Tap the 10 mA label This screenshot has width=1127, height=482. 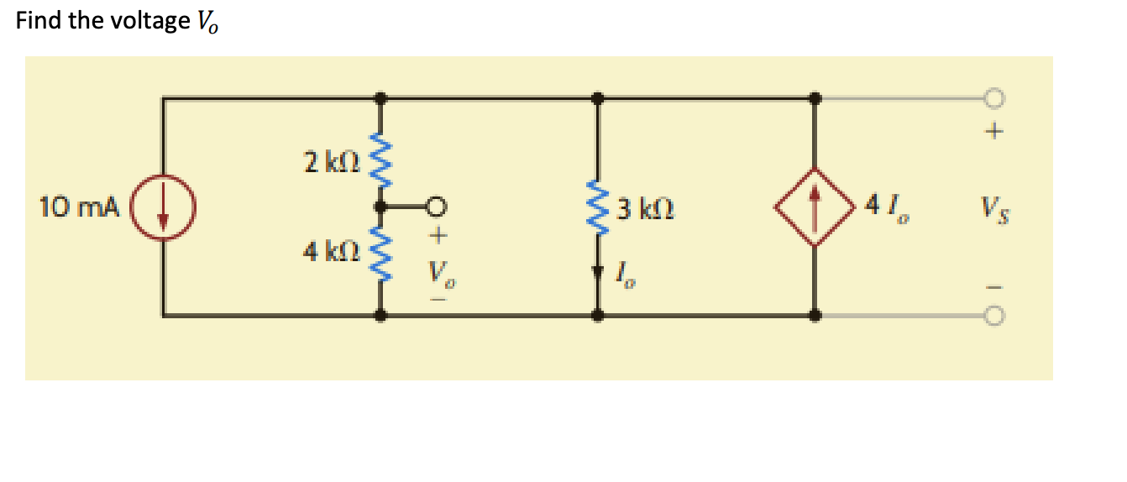[x=80, y=206]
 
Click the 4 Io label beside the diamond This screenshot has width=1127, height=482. [x=889, y=207]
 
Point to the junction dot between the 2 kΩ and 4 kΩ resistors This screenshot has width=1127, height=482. [x=382, y=206]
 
